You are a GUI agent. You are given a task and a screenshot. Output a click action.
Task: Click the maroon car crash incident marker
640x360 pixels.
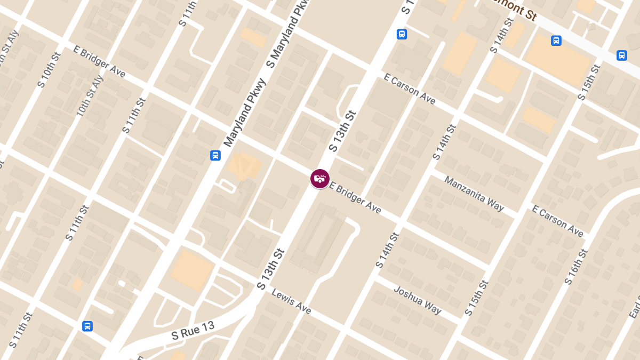(320, 179)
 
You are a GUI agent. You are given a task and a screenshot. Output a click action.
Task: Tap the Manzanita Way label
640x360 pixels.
(474, 194)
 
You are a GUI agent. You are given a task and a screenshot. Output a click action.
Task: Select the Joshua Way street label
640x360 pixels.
(417, 300)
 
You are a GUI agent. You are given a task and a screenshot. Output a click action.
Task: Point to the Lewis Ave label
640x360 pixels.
(291, 301)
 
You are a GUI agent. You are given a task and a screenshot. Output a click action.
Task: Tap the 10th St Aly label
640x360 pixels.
(89, 96)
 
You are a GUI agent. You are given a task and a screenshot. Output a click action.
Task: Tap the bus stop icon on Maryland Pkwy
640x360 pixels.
(215, 156)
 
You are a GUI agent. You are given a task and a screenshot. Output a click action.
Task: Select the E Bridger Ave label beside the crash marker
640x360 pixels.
(355, 198)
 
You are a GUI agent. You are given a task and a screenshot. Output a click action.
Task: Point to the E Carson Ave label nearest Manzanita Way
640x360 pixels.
(557, 221)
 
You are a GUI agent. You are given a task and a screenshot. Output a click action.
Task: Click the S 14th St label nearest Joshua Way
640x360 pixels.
(387, 250)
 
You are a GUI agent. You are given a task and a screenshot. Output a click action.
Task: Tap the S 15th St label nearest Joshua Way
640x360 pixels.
(476, 298)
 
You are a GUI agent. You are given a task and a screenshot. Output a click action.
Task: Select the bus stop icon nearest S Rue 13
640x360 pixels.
(87, 326)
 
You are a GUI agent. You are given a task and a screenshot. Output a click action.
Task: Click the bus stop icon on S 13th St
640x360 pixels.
(402, 34)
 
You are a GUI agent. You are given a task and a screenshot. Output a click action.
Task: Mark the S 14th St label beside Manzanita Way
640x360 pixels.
(444, 142)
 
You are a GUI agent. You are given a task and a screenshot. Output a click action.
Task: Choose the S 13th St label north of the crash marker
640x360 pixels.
(341, 131)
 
